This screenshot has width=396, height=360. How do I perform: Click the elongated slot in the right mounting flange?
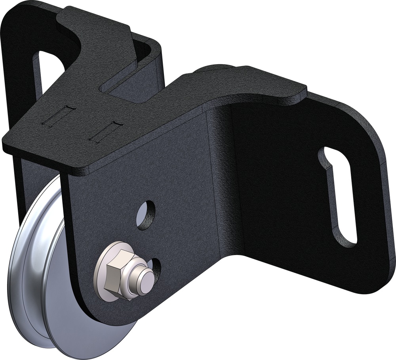tap(337, 195)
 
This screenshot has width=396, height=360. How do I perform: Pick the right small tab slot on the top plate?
tap(104, 132)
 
